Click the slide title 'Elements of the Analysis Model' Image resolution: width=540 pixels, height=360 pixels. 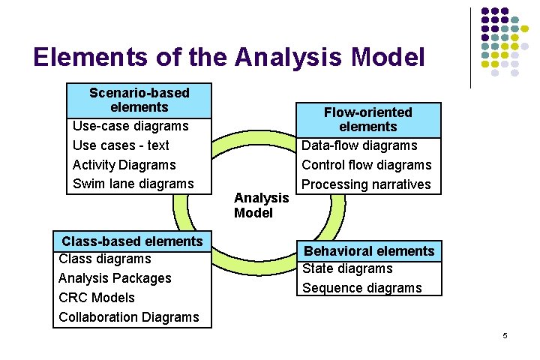229,57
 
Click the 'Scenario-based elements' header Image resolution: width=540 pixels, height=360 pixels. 139,100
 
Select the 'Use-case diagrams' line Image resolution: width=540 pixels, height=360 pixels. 130,126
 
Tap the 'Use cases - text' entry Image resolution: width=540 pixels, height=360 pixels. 121,145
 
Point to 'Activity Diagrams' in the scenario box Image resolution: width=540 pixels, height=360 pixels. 124,165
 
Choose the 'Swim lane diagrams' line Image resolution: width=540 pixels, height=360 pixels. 133,184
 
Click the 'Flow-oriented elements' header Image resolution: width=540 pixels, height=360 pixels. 367,119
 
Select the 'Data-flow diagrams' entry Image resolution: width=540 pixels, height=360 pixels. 359,145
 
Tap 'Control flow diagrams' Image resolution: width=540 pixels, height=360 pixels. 367,165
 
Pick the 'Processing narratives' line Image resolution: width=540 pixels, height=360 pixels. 366,184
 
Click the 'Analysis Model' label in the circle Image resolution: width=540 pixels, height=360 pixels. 261,205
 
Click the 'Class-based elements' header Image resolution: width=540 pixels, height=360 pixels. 132,241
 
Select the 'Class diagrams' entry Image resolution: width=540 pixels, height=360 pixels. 104,259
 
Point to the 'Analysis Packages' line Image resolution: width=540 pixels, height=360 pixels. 115,278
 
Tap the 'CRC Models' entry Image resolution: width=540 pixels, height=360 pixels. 96,298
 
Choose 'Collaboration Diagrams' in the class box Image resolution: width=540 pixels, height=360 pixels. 129,317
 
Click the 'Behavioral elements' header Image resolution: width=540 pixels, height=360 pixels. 368,251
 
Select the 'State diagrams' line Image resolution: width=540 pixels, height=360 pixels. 347,268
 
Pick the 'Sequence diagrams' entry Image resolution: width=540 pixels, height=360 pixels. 362,288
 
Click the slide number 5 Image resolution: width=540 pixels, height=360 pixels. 505,335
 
